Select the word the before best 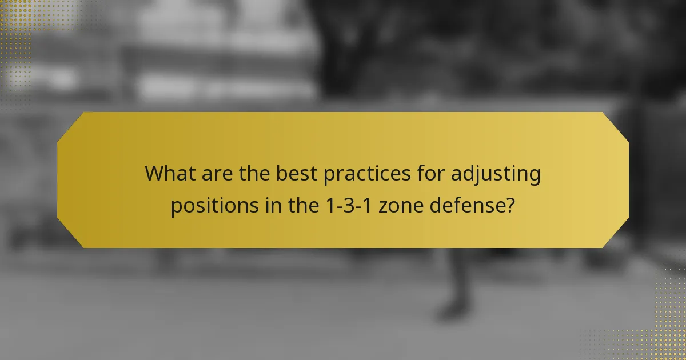[x=253, y=173]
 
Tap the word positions [x=214, y=205]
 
